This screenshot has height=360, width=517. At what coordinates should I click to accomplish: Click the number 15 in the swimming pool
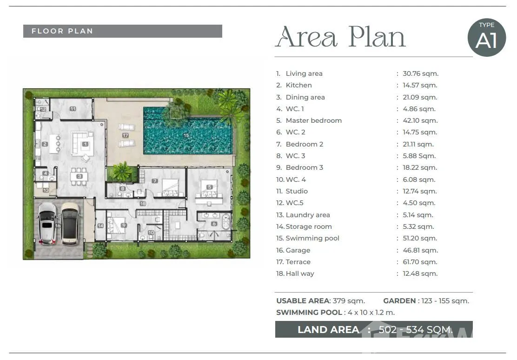click(x=186, y=135)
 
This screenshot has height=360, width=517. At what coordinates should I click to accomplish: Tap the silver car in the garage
click(x=47, y=223)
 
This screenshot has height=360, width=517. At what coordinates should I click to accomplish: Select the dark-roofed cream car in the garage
click(x=70, y=223)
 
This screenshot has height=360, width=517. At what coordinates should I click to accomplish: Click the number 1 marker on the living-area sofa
click(x=86, y=144)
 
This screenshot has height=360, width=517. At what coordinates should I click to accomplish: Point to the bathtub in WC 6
click(x=226, y=221)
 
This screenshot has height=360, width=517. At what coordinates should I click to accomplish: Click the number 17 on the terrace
click(x=125, y=135)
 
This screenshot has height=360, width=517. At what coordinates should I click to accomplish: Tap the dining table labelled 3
click(x=79, y=177)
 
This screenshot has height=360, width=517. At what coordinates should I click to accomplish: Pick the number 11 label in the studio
click(x=73, y=108)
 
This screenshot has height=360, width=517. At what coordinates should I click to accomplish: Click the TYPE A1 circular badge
click(x=487, y=37)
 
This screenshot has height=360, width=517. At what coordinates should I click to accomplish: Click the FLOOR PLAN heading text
click(x=62, y=31)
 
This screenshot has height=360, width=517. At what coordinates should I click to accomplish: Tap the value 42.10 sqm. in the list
click(x=420, y=120)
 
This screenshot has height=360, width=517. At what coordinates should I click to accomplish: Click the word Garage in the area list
click(x=298, y=250)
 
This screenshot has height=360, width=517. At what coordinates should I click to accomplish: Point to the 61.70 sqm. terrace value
click(x=420, y=262)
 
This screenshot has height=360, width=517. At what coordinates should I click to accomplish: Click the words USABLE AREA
click(x=303, y=301)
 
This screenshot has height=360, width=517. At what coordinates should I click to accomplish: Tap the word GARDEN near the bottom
click(x=399, y=301)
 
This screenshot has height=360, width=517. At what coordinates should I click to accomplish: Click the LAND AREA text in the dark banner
click(x=328, y=330)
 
